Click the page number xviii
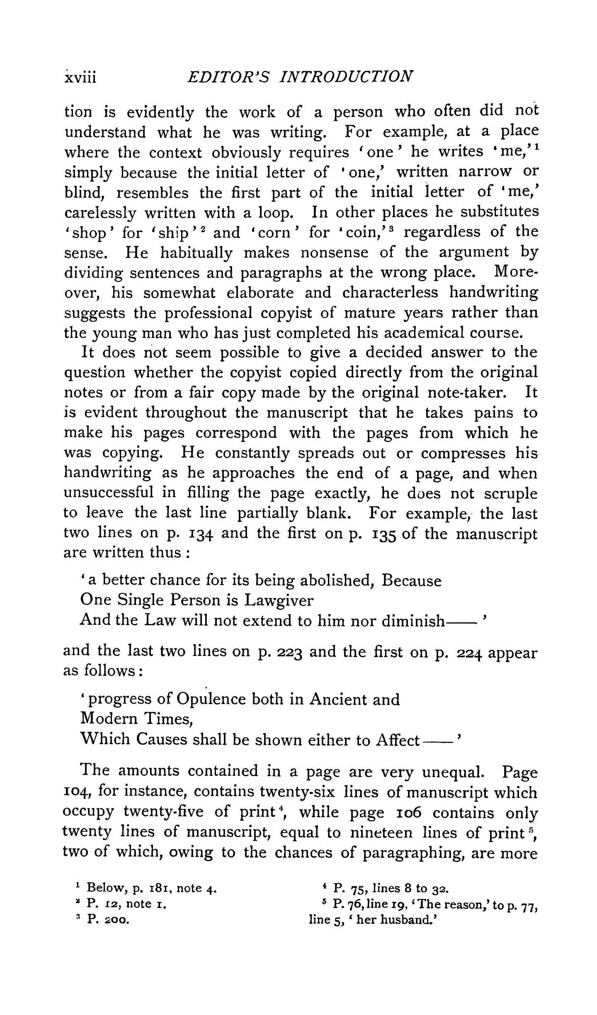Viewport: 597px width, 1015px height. point(80,78)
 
